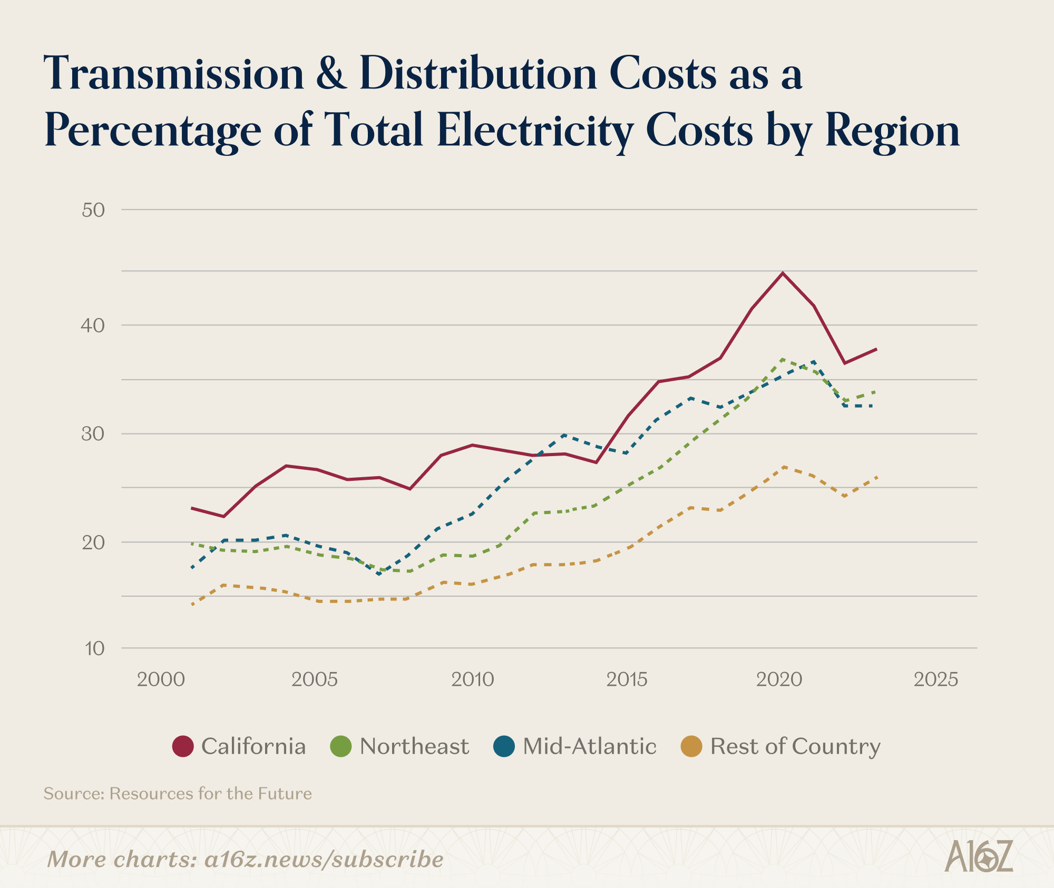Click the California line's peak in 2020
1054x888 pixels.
[x=783, y=273]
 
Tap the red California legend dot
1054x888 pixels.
[x=183, y=746]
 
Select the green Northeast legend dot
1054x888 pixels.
[x=341, y=746]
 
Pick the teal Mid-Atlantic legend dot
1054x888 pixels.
[x=504, y=746]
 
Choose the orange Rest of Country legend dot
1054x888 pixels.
[x=691, y=746]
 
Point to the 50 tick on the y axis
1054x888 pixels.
[x=93, y=210]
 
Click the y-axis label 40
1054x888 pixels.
[x=93, y=325]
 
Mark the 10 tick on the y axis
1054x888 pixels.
[x=95, y=648]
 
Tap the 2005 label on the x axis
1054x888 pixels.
[x=314, y=679]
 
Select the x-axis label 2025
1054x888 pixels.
[x=935, y=679]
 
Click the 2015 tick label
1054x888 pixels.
[x=627, y=679]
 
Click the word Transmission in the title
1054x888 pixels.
[x=174, y=74]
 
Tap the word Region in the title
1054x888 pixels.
[x=892, y=131]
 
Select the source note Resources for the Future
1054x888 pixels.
[x=210, y=793]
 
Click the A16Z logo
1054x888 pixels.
[x=979, y=855]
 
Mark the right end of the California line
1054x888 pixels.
[x=876, y=349]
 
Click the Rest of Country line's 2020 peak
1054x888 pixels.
[x=784, y=467]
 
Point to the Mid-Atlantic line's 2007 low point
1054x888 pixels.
[x=379, y=573]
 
